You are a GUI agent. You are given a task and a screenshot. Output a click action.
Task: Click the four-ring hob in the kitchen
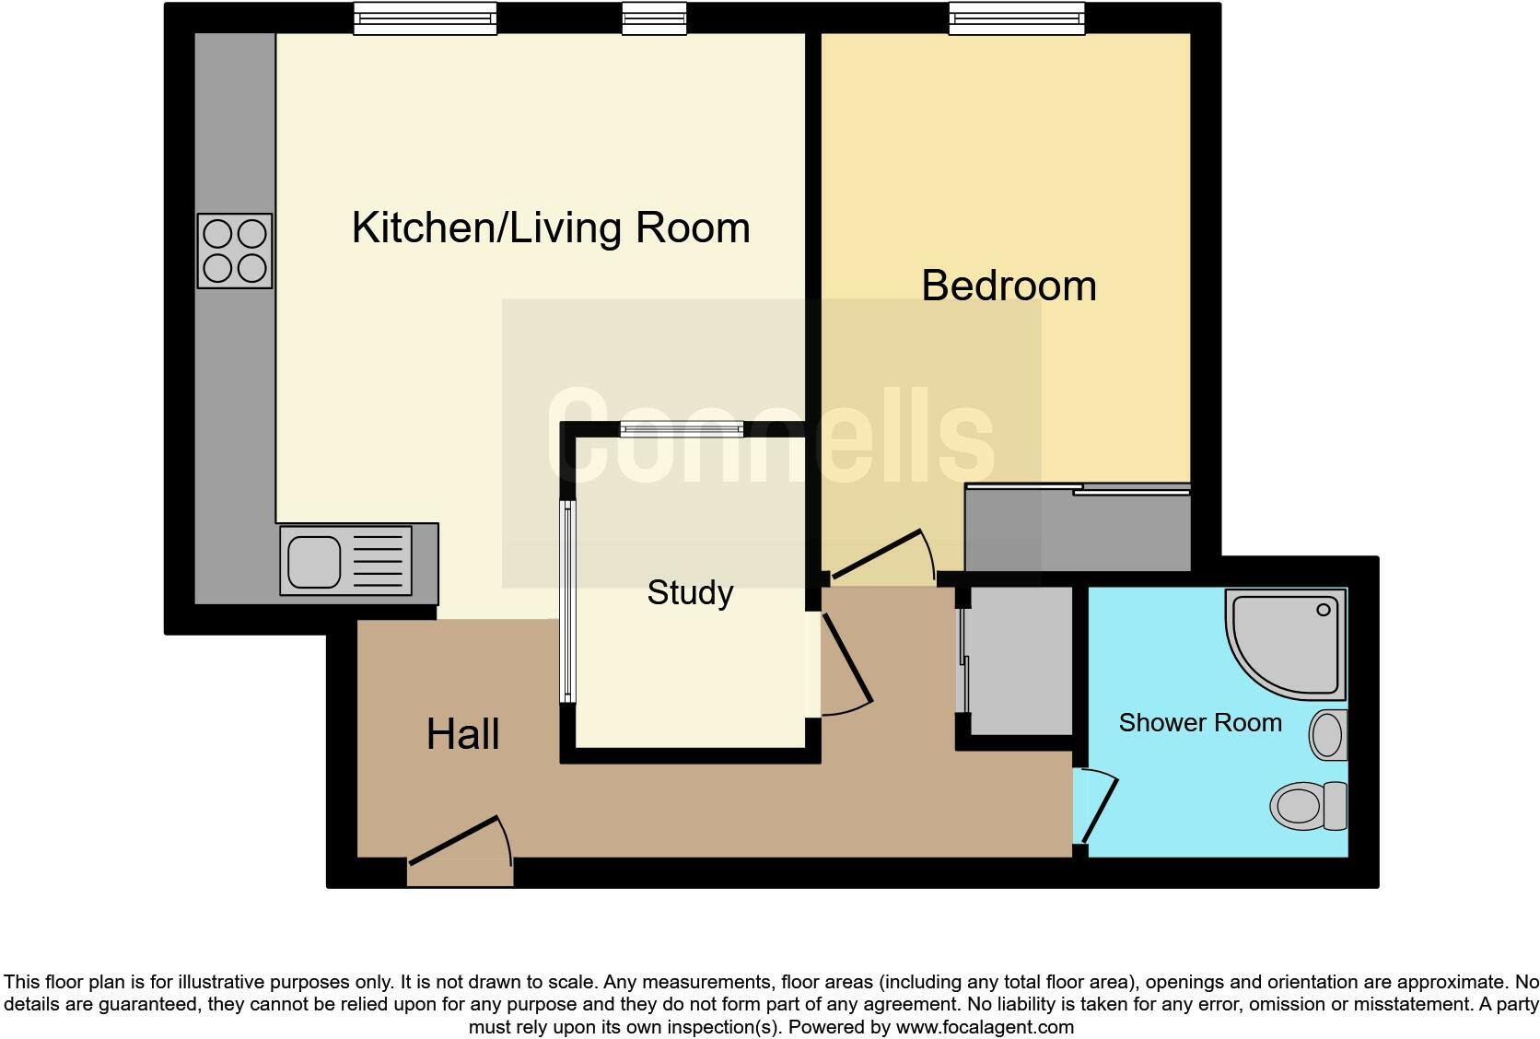tap(235, 251)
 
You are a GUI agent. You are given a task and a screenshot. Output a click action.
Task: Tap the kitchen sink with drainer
tap(345, 561)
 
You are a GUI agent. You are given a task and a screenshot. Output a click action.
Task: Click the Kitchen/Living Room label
tap(551, 228)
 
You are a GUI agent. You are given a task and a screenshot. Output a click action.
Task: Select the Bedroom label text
tap(1009, 286)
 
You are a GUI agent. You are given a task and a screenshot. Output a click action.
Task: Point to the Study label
tap(690, 592)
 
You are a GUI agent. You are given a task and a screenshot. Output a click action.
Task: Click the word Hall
tap(462, 735)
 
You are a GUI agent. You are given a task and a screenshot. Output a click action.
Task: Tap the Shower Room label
tap(1199, 723)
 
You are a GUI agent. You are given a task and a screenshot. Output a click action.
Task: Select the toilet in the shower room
tap(1308, 804)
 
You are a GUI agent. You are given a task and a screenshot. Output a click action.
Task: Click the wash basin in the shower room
tap(1328, 735)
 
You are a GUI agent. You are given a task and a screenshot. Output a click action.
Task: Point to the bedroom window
tap(1017, 18)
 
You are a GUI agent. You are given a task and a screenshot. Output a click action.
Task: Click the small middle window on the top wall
tap(654, 18)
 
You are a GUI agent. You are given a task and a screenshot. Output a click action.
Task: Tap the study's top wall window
tap(681, 428)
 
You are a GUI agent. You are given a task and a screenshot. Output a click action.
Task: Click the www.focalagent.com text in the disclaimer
tap(984, 1027)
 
